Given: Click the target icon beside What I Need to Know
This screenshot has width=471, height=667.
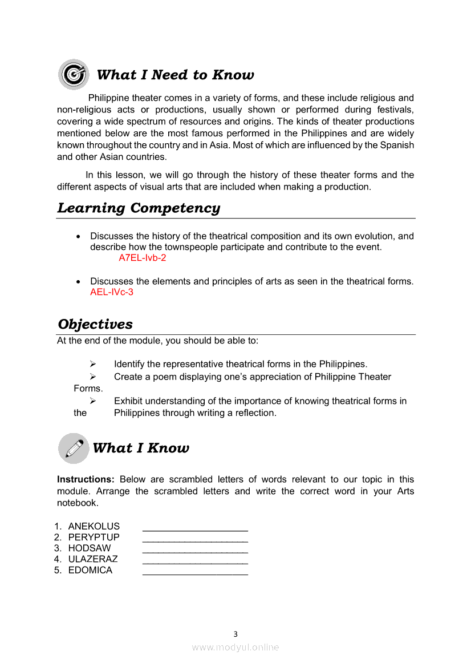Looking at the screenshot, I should [x=73, y=74].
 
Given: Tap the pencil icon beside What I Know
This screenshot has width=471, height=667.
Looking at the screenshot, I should [x=74, y=448].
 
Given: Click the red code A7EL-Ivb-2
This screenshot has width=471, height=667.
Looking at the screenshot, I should [x=142, y=258].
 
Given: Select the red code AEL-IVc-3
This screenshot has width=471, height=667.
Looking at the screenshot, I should [x=112, y=292].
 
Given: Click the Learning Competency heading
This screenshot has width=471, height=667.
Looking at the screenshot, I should [x=139, y=208].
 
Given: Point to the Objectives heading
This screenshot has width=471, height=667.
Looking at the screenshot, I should [x=95, y=324].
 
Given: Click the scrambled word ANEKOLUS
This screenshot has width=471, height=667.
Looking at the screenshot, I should [x=94, y=526].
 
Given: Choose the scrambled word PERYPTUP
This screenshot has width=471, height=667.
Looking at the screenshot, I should [x=94, y=537].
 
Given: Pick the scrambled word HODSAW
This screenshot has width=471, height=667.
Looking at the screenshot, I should [x=90, y=548].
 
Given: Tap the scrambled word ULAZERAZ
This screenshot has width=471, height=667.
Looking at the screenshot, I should [x=93, y=559].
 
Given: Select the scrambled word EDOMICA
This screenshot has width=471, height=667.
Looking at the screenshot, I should [x=90, y=570].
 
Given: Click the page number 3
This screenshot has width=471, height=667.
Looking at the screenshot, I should [x=235, y=634].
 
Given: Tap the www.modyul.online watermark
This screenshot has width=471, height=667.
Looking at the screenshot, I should [x=235, y=647].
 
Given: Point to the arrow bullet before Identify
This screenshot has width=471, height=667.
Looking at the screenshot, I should [x=92, y=364].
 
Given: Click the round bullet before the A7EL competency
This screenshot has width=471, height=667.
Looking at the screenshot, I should [x=78, y=236].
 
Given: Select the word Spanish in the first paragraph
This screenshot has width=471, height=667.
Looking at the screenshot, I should [x=399, y=145].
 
